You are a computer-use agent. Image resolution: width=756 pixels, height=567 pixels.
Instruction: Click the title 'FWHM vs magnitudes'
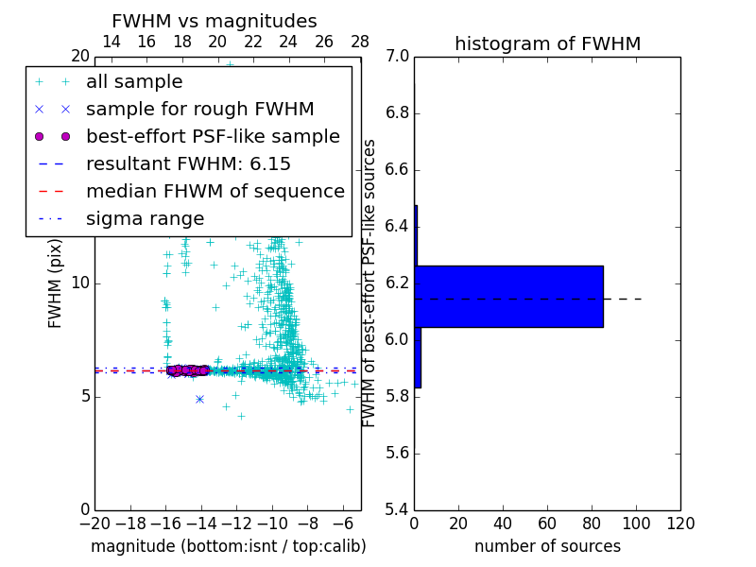(215, 21)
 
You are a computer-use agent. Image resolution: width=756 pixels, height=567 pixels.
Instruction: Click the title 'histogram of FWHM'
(547, 43)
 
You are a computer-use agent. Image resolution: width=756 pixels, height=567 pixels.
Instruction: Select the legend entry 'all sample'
(134, 82)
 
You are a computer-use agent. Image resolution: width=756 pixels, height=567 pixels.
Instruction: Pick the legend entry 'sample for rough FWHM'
(199, 109)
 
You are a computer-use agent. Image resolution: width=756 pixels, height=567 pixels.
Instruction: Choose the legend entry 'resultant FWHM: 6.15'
(188, 163)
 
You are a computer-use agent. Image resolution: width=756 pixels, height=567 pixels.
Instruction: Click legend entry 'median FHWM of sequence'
(215, 191)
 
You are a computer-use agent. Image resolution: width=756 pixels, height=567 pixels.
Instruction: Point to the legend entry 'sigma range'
(145, 218)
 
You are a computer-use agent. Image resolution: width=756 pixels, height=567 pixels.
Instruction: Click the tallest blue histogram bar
(508, 296)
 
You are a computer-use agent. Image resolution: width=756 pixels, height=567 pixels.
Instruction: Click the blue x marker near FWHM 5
(199, 399)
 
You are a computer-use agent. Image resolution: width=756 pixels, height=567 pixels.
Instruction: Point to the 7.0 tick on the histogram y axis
(398, 57)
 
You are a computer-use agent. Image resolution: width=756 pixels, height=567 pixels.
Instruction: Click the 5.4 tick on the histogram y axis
(398, 509)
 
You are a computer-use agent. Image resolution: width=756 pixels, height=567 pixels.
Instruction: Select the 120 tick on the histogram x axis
(680, 524)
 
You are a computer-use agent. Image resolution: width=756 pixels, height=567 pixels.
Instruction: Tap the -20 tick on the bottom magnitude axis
(94, 524)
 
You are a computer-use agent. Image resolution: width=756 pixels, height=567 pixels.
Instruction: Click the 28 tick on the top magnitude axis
(360, 42)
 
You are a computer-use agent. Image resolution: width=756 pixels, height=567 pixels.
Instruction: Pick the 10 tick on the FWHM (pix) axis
(79, 283)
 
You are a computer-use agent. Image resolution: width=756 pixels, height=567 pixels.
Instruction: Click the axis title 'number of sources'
(547, 546)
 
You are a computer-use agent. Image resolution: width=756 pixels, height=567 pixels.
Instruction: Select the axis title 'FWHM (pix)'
(56, 283)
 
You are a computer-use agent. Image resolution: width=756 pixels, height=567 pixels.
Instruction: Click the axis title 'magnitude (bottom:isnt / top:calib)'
(228, 546)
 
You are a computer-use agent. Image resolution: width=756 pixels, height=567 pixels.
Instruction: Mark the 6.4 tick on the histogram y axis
(398, 227)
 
